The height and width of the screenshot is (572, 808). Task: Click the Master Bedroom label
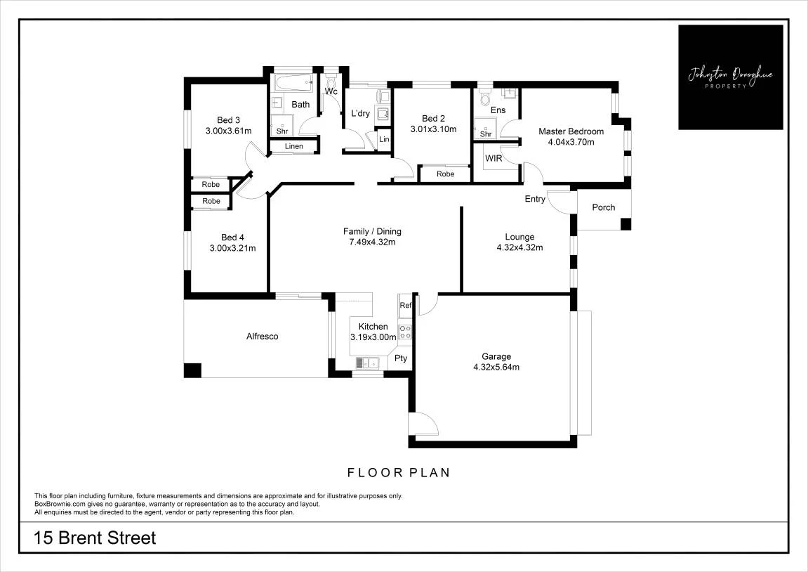click(571, 131)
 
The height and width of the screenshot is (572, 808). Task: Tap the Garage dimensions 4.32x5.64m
click(496, 368)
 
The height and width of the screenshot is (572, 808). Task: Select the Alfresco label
click(263, 337)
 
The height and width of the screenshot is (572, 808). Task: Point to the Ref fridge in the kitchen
click(406, 306)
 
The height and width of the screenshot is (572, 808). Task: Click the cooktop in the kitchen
click(405, 332)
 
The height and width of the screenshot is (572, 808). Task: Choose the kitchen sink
click(367, 363)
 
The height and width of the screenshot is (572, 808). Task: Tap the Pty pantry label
click(401, 358)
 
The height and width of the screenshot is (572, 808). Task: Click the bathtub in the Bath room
click(293, 82)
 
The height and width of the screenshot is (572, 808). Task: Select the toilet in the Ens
click(485, 96)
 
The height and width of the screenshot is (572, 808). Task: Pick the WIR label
click(494, 158)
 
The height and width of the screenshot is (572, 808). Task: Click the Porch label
click(604, 207)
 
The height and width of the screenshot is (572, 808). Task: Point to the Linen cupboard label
click(294, 146)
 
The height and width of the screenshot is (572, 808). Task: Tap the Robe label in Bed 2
click(445, 174)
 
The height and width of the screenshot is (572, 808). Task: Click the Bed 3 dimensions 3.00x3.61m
click(228, 131)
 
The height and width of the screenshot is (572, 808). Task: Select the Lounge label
click(519, 237)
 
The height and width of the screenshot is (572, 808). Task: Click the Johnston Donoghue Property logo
click(731, 77)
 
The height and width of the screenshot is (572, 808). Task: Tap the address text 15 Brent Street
click(95, 538)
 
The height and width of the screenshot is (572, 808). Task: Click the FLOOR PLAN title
click(399, 472)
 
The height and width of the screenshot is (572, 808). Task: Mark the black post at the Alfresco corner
click(193, 370)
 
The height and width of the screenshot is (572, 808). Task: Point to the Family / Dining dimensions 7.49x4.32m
click(373, 242)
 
